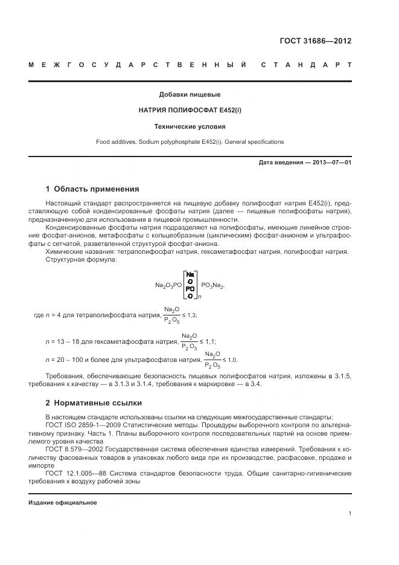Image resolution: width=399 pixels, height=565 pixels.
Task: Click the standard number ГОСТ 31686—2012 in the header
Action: [314, 41]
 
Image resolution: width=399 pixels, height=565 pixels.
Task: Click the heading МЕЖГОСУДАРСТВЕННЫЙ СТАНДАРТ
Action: [190, 65]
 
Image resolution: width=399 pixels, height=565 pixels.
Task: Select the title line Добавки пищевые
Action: [190, 94]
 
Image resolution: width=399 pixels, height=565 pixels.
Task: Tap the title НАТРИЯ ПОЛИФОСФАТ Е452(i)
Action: [190, 111]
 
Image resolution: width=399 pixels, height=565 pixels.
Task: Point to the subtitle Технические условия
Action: [190, 127]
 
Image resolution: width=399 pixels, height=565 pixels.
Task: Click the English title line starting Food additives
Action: [190, 142]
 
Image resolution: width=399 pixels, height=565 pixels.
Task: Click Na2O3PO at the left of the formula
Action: [168, 285]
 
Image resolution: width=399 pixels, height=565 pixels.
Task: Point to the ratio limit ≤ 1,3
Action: [190, 315]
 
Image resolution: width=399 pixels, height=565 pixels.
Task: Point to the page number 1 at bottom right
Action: [350, 514]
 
